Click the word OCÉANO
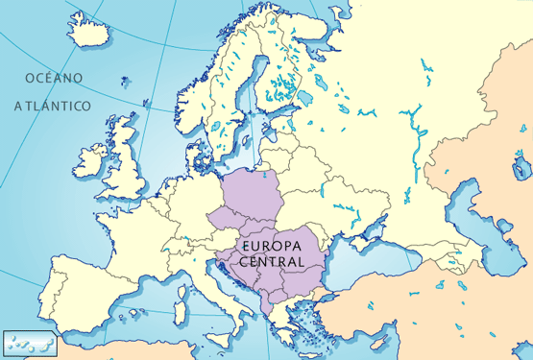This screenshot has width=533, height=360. click(54, 77)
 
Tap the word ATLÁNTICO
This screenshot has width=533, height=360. click(52, 105)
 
